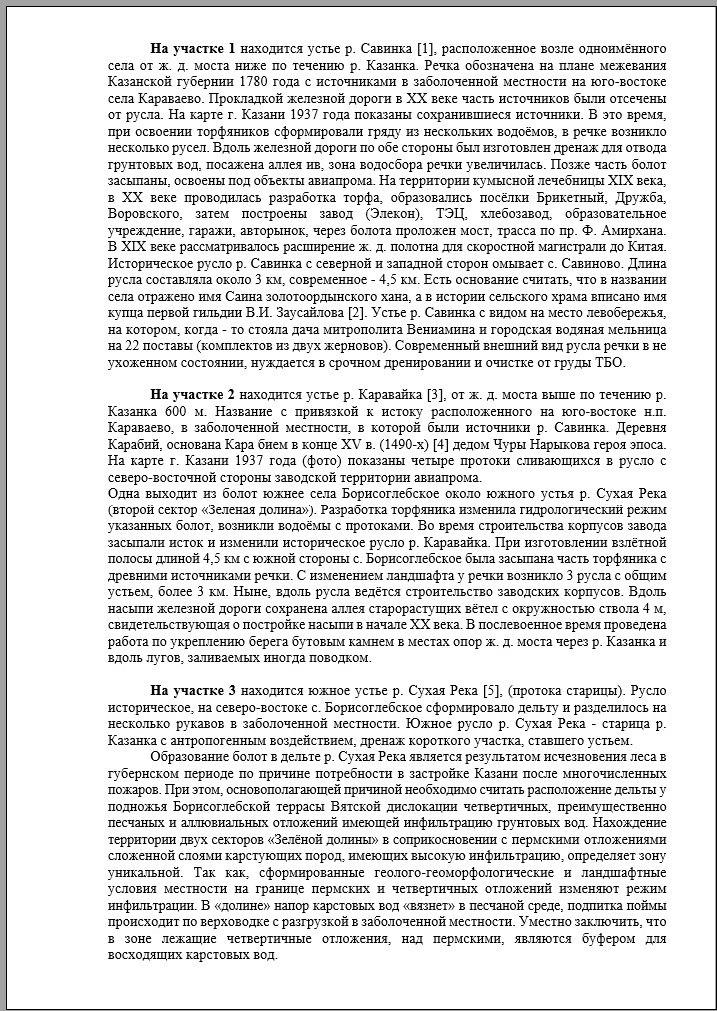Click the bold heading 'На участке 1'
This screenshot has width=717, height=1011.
pos(193,48)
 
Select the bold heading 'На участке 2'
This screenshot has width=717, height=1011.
pos(193,394)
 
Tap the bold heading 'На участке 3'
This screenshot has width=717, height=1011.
pos(193,690)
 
